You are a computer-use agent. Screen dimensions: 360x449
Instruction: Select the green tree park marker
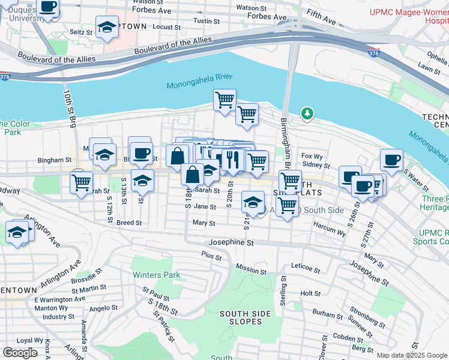click(307, 113)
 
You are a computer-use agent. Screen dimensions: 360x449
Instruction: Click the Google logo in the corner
click(20, 353)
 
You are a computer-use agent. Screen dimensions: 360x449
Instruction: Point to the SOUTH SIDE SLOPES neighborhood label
click(241, 317)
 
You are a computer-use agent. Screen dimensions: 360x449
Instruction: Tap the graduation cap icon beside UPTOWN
click(107, 28)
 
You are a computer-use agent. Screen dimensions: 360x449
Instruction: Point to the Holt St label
click(310, 293)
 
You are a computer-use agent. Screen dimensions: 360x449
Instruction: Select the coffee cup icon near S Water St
click(391, 160)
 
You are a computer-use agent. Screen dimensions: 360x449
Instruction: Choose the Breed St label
click(129, 223)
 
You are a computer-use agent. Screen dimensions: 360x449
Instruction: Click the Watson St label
click(252, 8)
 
